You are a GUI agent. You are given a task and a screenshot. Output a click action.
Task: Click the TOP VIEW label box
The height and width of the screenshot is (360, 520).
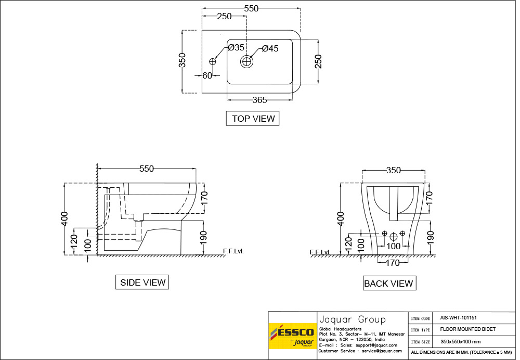click(253, 119)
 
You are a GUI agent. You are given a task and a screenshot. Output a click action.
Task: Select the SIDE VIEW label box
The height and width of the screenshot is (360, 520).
click(142, 282)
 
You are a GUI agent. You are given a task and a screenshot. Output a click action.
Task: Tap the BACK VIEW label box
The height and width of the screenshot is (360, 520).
click(388, 284)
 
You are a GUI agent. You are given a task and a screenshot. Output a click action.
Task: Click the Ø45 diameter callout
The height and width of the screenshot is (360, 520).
click(270, 48)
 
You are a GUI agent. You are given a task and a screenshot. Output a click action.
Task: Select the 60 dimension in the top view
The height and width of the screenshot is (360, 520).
click(207, 75)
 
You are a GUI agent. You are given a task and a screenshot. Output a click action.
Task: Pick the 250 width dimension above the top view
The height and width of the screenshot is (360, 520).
click(224, 16)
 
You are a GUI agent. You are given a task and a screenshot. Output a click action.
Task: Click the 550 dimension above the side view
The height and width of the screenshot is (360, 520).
click(147, 169)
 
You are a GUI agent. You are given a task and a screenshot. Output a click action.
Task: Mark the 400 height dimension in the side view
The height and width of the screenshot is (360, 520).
click(64, 218)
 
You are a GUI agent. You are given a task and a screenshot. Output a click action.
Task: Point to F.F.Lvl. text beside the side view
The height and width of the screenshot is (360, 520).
click(233, 251)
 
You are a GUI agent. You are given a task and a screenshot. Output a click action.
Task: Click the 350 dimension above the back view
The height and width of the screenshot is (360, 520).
click(394, 170)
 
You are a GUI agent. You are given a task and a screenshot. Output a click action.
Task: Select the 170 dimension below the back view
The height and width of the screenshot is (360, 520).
click(393, 263)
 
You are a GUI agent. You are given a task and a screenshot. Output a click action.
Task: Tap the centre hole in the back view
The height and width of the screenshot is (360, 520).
click(394, 237)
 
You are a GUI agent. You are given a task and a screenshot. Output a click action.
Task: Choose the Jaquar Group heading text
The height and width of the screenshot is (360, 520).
click(352, 319)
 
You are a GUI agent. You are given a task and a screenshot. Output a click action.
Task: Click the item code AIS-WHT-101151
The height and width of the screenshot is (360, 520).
click(458, 317)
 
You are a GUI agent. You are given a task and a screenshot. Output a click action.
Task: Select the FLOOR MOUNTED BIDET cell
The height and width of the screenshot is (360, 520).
click(467, 329)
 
